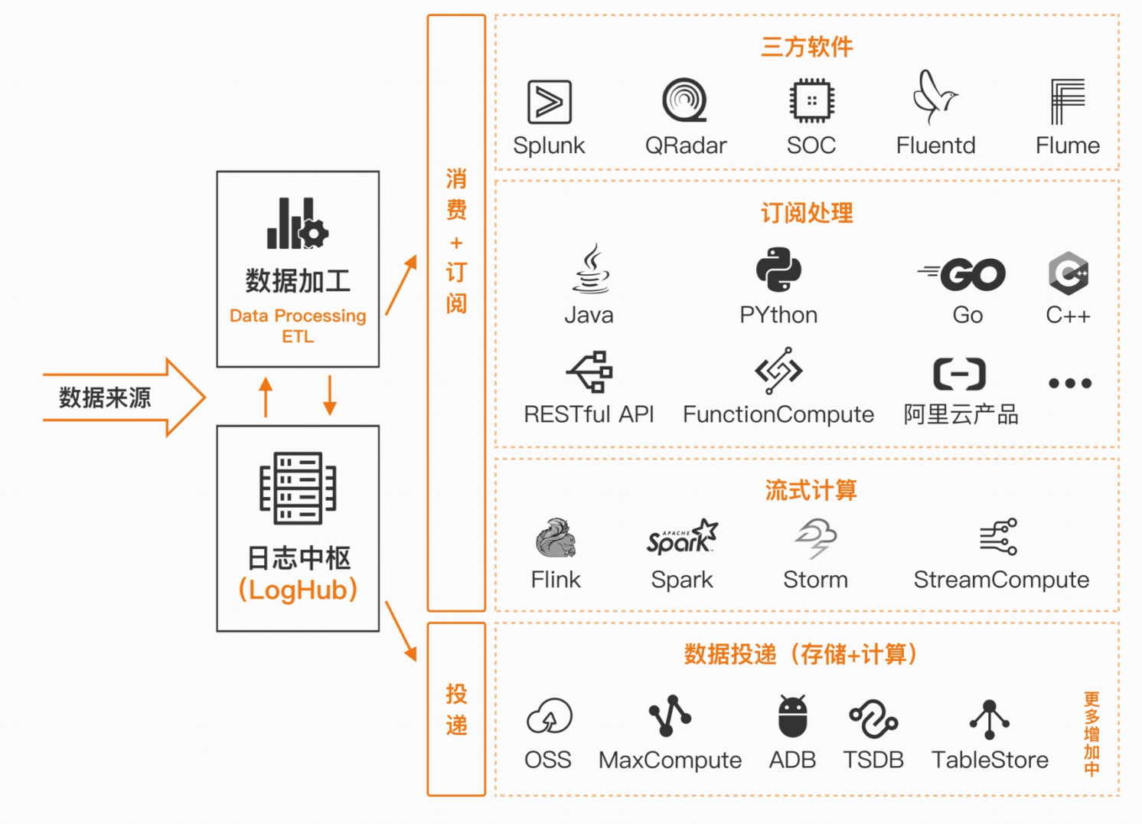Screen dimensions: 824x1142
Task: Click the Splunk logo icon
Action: point(550,102)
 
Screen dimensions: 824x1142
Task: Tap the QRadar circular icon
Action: point(685,100)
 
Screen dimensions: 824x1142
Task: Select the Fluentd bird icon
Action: point(935,97)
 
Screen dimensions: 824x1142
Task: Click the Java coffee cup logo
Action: point(591,270)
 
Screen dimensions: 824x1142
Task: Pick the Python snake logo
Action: point(778,270)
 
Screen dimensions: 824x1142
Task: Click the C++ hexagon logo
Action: point(1068,273)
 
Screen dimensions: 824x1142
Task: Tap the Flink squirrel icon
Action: point(556,538)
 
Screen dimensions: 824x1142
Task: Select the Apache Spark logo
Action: point(682,538)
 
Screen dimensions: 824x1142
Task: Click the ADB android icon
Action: point(792,717)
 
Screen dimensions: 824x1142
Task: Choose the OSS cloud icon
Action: point(549,717)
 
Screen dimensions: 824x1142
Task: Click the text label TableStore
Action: point(990,760)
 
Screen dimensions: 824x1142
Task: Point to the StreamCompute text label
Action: point(1001,580)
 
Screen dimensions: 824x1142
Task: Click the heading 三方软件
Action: point(807,47)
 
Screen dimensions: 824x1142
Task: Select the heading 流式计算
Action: point(811,490)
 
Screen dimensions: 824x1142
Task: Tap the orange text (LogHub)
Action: point(298,590)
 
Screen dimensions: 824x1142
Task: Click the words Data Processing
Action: point(298,316)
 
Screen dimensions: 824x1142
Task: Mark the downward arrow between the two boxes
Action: point(330,395)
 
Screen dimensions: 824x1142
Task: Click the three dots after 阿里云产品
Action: point(1070,383)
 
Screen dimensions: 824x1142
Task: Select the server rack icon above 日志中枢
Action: point(298,488)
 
